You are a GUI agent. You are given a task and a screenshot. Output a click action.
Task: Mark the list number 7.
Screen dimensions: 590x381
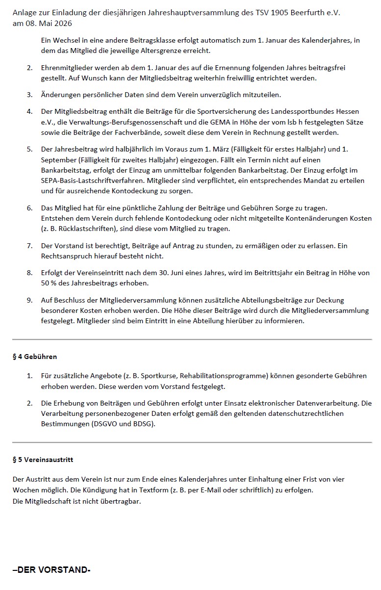pos(29,246)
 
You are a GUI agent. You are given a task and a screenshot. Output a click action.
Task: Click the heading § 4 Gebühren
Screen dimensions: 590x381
pos(35,357)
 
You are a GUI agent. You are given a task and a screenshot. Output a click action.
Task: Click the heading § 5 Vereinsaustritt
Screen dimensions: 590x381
pos(43,460)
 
